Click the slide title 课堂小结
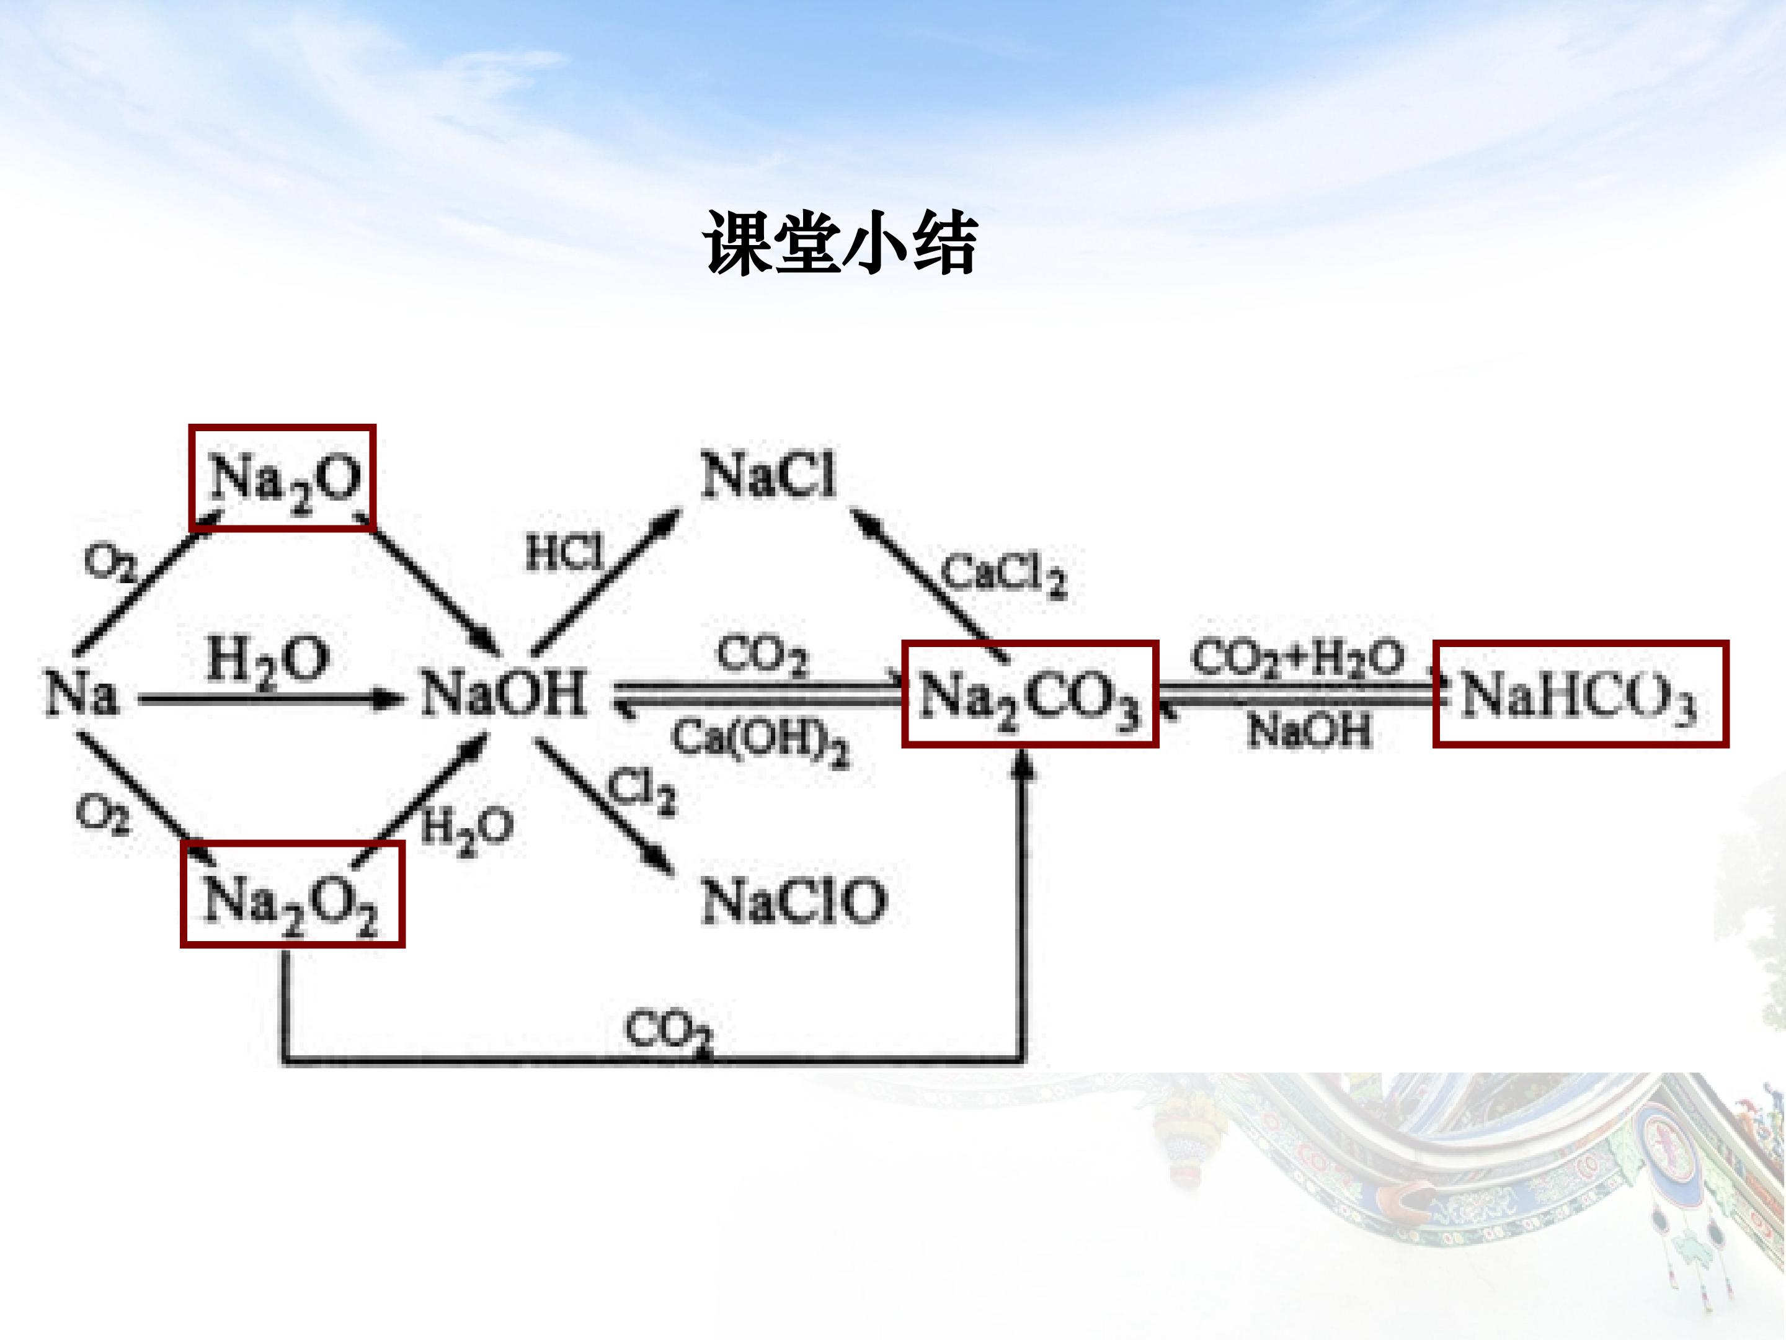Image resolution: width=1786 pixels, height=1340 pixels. (840, 243)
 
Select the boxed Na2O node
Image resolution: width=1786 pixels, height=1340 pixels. (283, 477)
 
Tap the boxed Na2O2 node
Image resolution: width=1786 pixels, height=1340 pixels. (292, 893)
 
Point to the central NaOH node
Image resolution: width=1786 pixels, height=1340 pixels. (504, 693)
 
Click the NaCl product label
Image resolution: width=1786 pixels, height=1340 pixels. (768, 475)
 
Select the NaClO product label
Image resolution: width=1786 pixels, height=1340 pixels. (794, 901)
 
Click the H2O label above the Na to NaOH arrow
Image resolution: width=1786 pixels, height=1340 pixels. (268, 663)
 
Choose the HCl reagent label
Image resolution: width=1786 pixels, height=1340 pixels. (564, 553)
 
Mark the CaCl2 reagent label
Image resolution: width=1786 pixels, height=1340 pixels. (1003, 575)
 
